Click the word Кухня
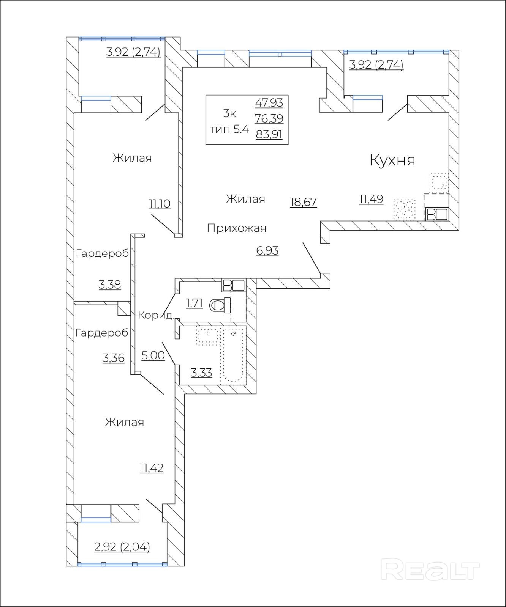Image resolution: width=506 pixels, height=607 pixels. coord(392,160)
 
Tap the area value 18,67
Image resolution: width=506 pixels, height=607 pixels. coord(303,202)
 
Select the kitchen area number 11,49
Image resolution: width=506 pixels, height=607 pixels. coord(371,199)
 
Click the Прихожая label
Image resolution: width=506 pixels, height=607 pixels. coord(237,228)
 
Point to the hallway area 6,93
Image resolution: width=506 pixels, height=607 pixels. coord(267,251)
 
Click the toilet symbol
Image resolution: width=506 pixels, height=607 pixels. coord(220,305)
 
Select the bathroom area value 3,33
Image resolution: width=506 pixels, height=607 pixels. coord(201,373)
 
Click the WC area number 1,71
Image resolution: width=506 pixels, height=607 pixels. coord(194,303)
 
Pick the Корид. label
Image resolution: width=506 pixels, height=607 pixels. coord(156,315)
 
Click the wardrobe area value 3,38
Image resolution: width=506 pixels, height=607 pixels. coord(110,285)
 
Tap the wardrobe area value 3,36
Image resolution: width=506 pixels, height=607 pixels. coord(114,358)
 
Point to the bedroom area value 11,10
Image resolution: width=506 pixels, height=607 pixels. coord(160,204)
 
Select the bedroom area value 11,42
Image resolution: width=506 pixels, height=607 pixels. coord(152,468)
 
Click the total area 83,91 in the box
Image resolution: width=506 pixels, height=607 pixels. coord(269,134)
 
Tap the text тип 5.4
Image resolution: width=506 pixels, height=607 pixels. coord(229,129)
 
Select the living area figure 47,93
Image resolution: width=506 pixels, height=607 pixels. coord(269,103)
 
